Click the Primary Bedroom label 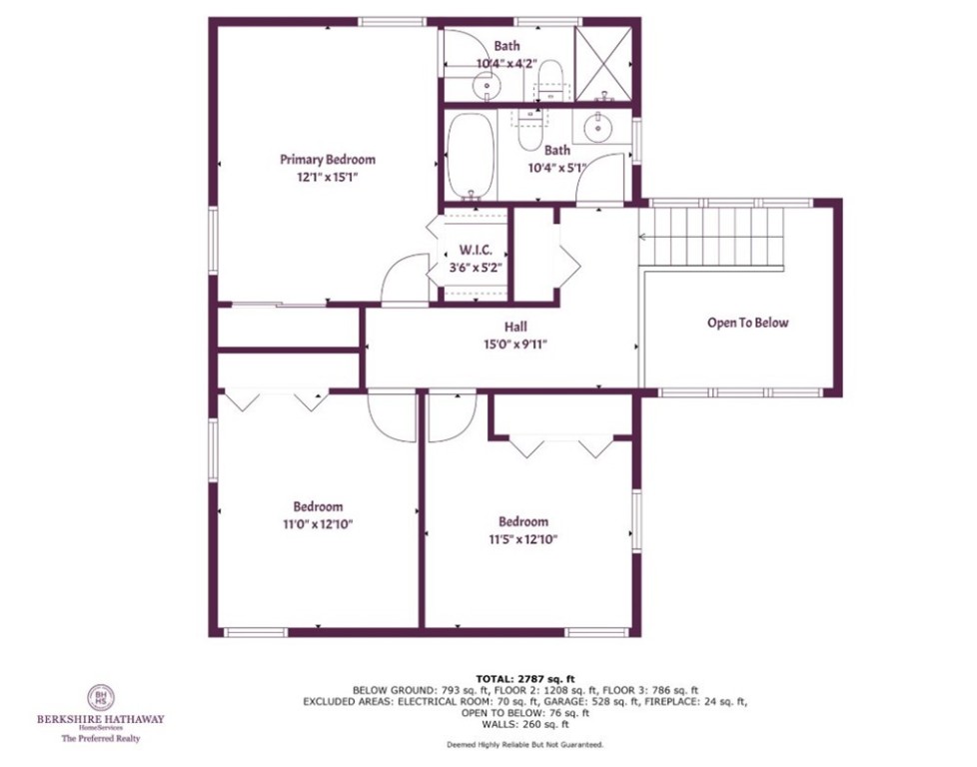327,160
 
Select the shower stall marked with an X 604,62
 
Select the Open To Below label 747,323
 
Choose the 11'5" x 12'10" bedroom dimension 523,538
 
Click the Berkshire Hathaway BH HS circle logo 99,695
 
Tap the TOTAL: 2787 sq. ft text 524,677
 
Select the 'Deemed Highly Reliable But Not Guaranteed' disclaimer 524,745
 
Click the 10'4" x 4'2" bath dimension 506,64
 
